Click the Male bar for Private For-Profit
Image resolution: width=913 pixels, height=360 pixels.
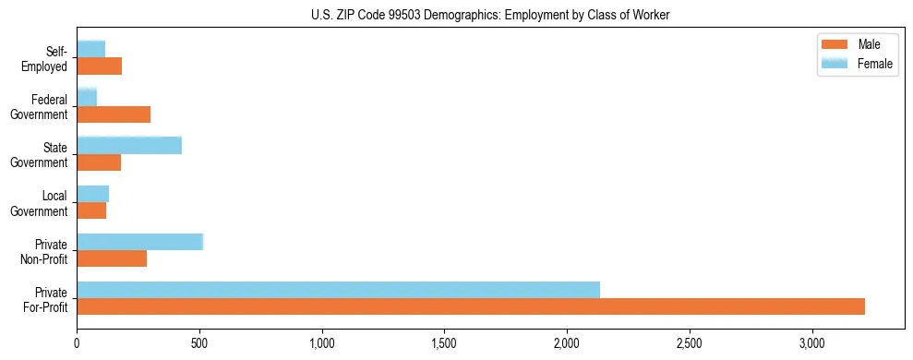pyautogui.click(x=471, y=306)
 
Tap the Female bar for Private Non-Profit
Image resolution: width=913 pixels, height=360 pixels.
pyautogui.click(x=139, y=242)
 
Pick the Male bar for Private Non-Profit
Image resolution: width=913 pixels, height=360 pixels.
pyautogui.click(x=112, y=258)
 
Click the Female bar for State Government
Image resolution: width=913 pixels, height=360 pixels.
pyautogui.click(x=129, y=145)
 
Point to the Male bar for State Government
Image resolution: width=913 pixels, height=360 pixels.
pyautogui.click(x=99, y=162)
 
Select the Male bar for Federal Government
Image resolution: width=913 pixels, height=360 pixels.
pyautogui.click(x=114, y=114)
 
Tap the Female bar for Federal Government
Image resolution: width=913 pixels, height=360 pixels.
pyautogui.click(x=87, y=97)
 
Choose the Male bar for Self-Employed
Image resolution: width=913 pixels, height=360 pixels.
pyautogui.click(x=100, y=66)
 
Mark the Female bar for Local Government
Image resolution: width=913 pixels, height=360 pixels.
pyautogui.click(x=92, y=193)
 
